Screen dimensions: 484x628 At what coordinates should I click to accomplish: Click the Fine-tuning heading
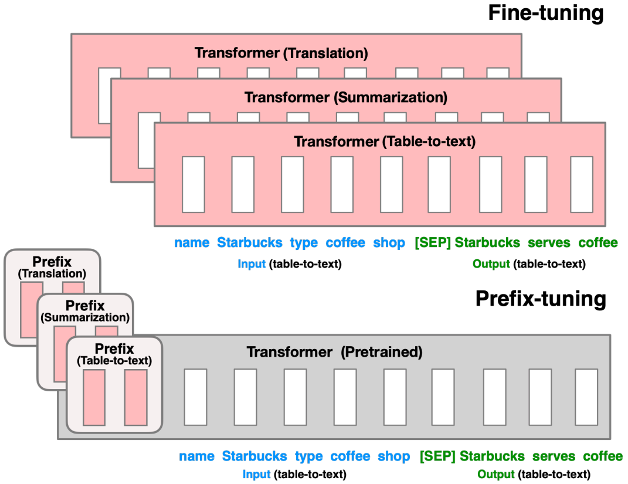click(x=546, y=13)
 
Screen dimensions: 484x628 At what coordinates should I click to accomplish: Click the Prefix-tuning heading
click(x=540, y=299)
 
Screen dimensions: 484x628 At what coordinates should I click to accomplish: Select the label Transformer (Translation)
click(x=281, y=53)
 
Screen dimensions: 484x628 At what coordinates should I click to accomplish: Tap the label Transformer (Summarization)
click(x=345, y=97)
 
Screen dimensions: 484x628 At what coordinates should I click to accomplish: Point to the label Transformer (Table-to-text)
click(x=384, y=141)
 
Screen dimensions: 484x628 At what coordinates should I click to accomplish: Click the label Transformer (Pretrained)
click(x=334, y=352)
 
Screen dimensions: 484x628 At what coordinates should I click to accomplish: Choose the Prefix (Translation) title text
click(x=52, y=268)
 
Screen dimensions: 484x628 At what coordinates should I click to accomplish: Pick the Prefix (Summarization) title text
click(x=85, y=311)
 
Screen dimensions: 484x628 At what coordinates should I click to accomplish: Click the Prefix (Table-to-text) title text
click(x=114, y=354)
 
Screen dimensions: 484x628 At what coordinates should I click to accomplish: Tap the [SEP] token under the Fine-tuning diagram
click(x=432, y=242)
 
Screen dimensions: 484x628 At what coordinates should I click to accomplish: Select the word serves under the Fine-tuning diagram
click(x=549, y=242)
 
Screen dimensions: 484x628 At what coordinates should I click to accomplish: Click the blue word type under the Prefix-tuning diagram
click(x=308, y=456)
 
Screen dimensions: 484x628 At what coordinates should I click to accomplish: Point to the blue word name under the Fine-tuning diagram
click(x=192, y=242)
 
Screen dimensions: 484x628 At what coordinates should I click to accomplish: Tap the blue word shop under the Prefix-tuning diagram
click(x=393, y=456)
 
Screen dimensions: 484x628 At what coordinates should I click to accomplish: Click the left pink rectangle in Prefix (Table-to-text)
click(x=94, y=398)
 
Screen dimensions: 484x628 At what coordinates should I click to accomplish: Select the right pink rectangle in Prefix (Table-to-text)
click(x=135, y=398)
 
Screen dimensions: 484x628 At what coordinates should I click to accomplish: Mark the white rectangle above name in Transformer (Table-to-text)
click(x=193, y=184)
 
